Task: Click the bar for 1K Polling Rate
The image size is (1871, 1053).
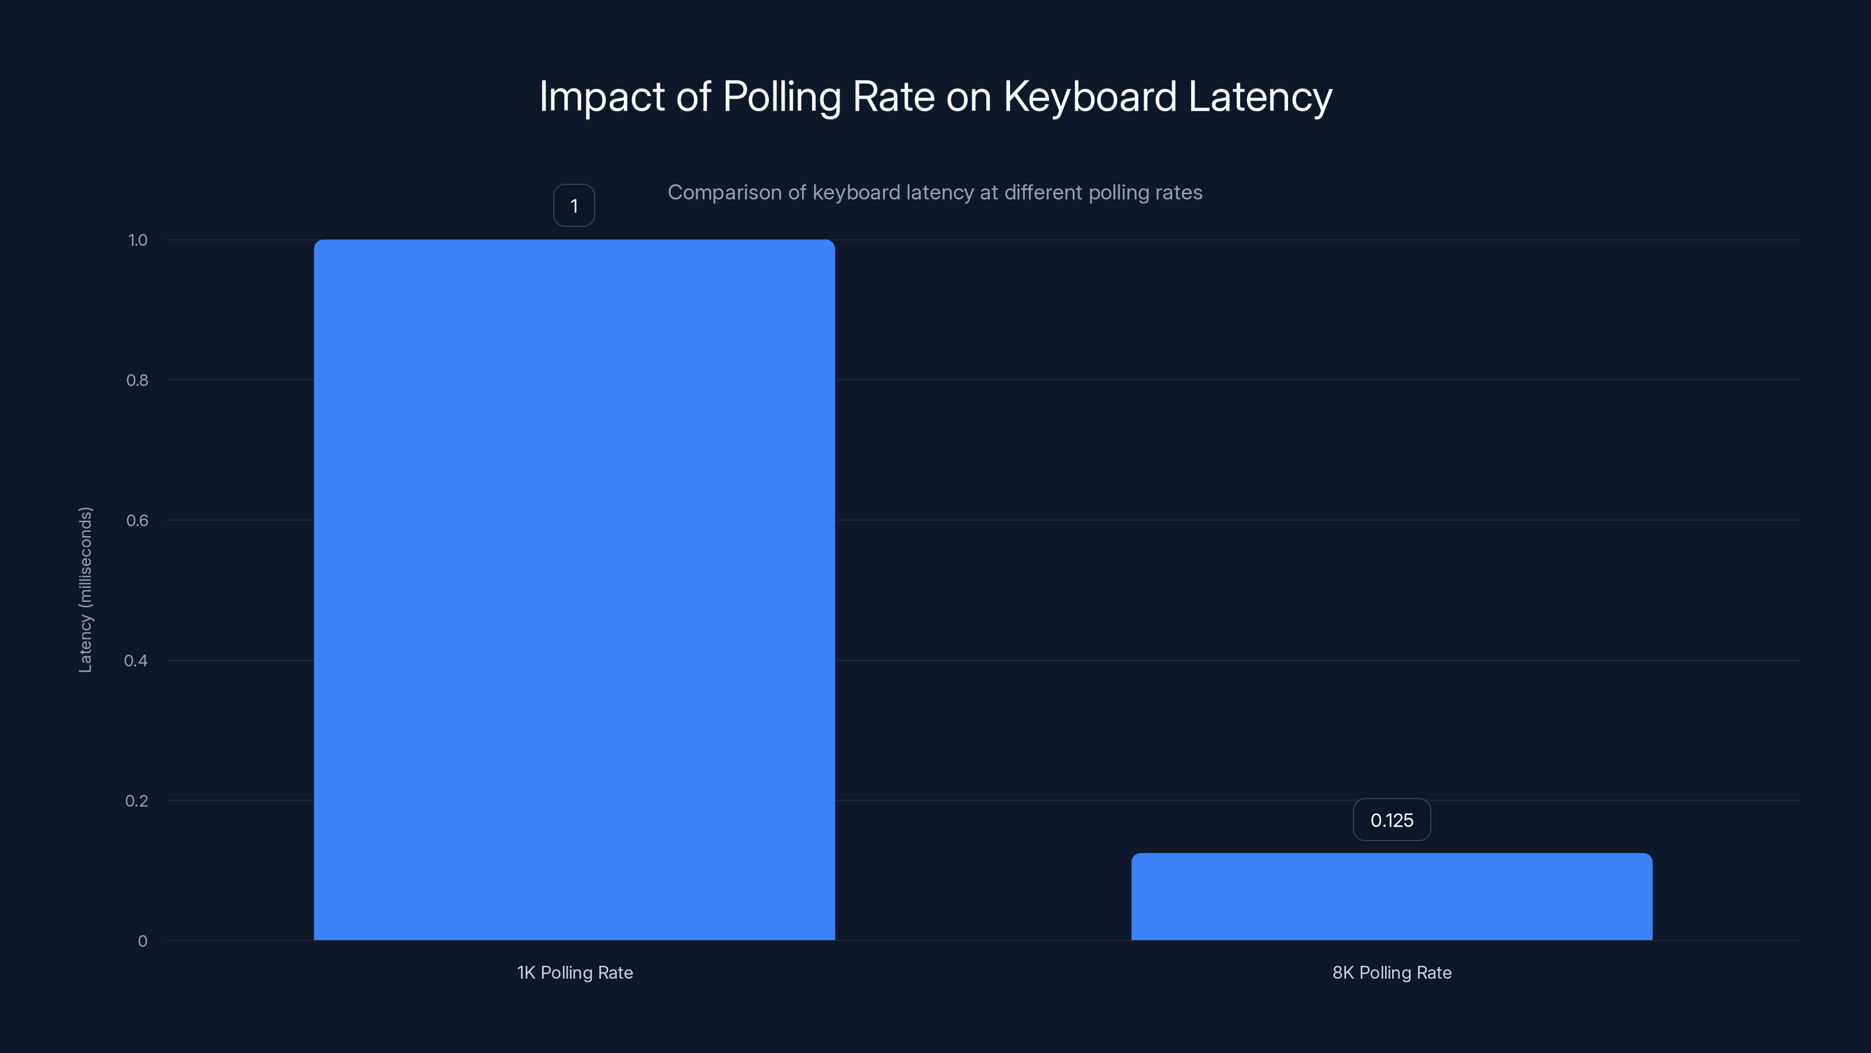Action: click(574, 589)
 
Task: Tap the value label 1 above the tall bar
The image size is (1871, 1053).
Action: click(574, 206)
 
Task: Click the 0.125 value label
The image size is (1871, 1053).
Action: click(1392, 820)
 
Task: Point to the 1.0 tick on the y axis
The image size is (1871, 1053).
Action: click(137, 240)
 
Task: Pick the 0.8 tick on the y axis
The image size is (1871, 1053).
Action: click(137, 380)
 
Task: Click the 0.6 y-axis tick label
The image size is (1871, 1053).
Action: click(137, 520)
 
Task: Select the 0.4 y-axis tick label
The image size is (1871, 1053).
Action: click(136, 660)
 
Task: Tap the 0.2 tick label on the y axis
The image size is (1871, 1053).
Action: click(137, 801)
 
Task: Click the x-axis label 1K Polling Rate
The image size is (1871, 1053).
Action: click(575, 972)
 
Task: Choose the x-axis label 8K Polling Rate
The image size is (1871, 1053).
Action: click(1392, 972)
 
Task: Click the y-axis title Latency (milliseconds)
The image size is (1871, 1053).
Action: click(85, 589)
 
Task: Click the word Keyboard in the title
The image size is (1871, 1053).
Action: click(1089, 96)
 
